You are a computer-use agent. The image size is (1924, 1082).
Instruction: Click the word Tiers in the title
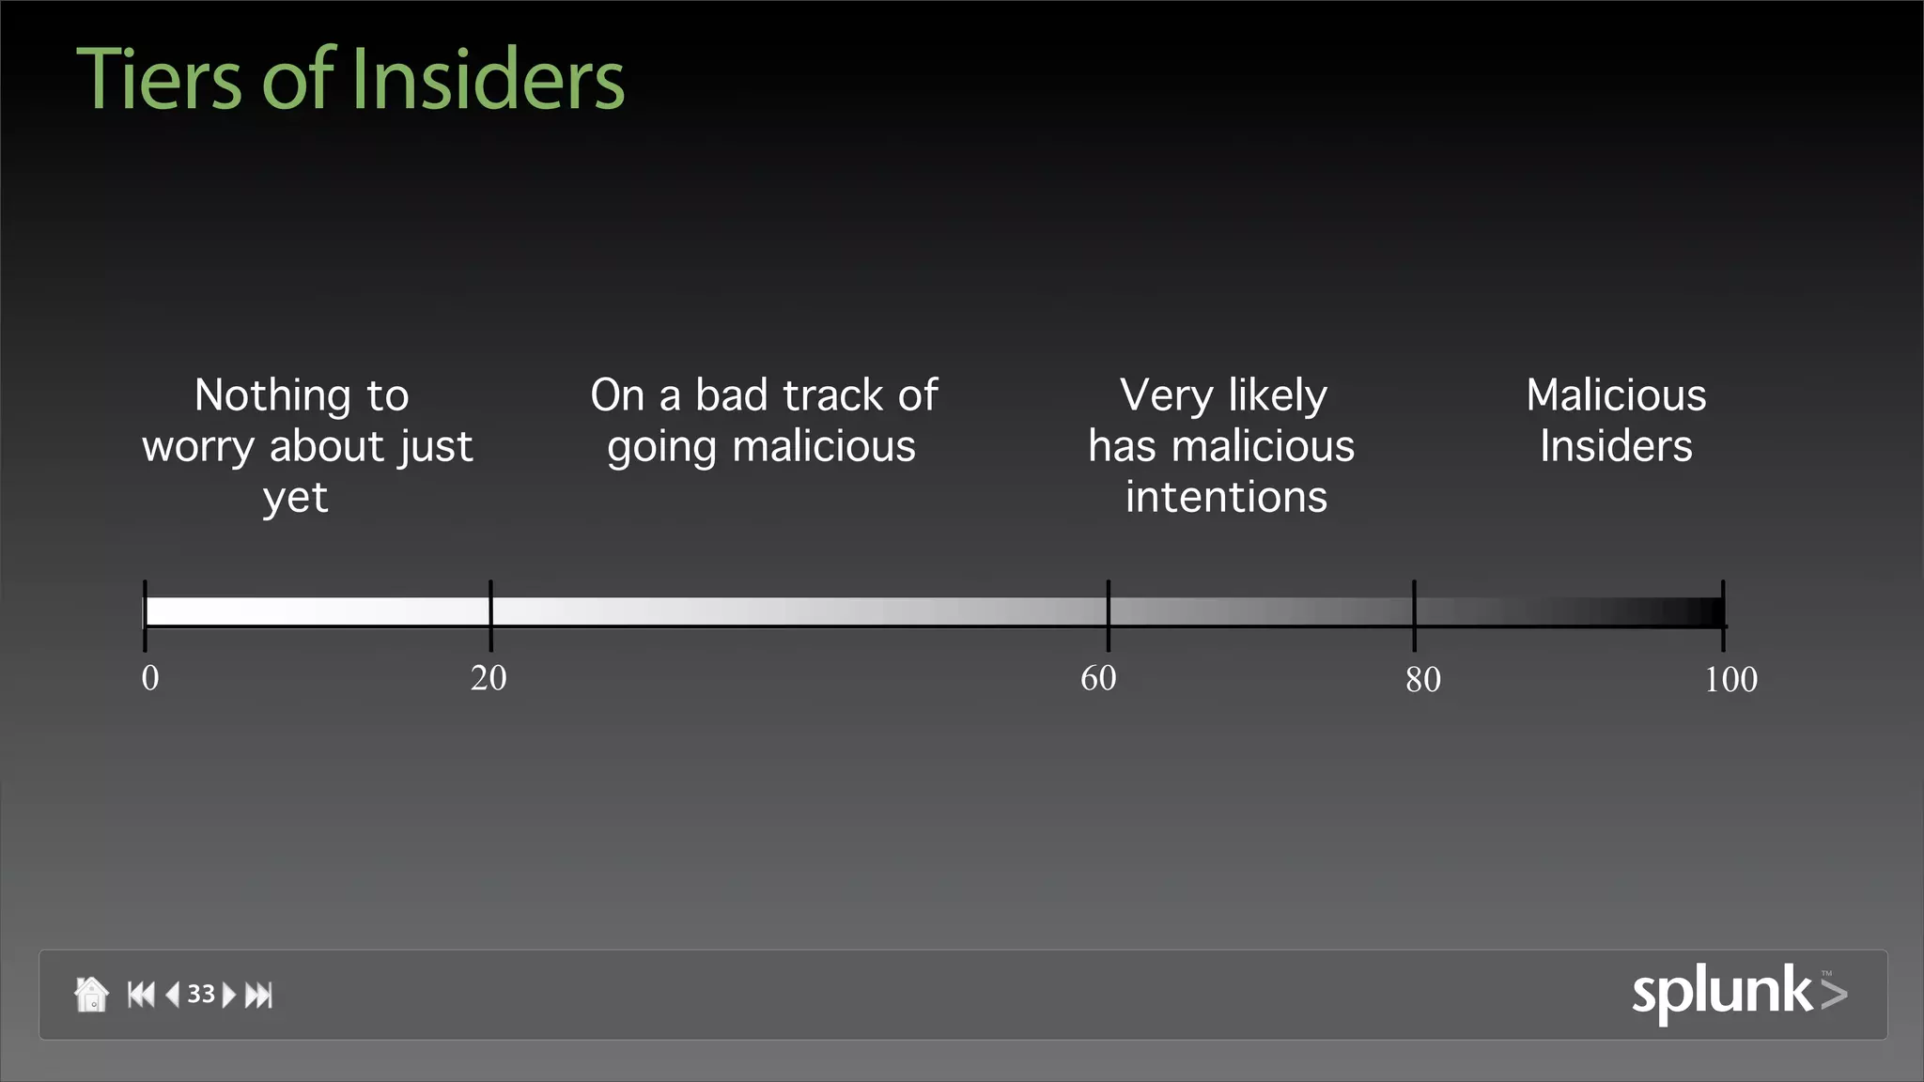[x=159, y=80]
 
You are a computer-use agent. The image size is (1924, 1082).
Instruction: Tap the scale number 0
[x=150, y=678]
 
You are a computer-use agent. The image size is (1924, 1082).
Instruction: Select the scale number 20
[x=489, y=678]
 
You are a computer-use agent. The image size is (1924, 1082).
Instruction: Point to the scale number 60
[x=1098, y=678]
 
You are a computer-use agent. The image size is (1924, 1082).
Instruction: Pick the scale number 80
[x=1423, y=679]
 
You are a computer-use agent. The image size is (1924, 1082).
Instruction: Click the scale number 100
[x=1730, y=679]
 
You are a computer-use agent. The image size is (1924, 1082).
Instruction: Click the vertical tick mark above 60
[x=1109, y=615]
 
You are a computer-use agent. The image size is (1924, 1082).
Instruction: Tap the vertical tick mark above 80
[x=1414, y=615]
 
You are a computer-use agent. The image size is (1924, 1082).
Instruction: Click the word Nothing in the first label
[x=272, y=395]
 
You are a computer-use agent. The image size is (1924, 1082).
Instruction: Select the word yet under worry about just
[x=296, y=498]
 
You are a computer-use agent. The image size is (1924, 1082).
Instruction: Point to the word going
[x=661, y=447]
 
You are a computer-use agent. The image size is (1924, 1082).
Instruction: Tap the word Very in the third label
[x=1166, y=395]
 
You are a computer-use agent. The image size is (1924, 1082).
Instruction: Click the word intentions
[x=1226, y=497]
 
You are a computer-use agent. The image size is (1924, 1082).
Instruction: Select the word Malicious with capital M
[x=1616, y=395]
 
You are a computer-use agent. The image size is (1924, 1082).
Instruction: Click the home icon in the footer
[x=91, y=994]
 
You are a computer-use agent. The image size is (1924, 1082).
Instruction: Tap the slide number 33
[x=201, y=994]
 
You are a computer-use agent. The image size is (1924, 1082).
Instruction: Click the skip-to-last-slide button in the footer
[x=258, y=995]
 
